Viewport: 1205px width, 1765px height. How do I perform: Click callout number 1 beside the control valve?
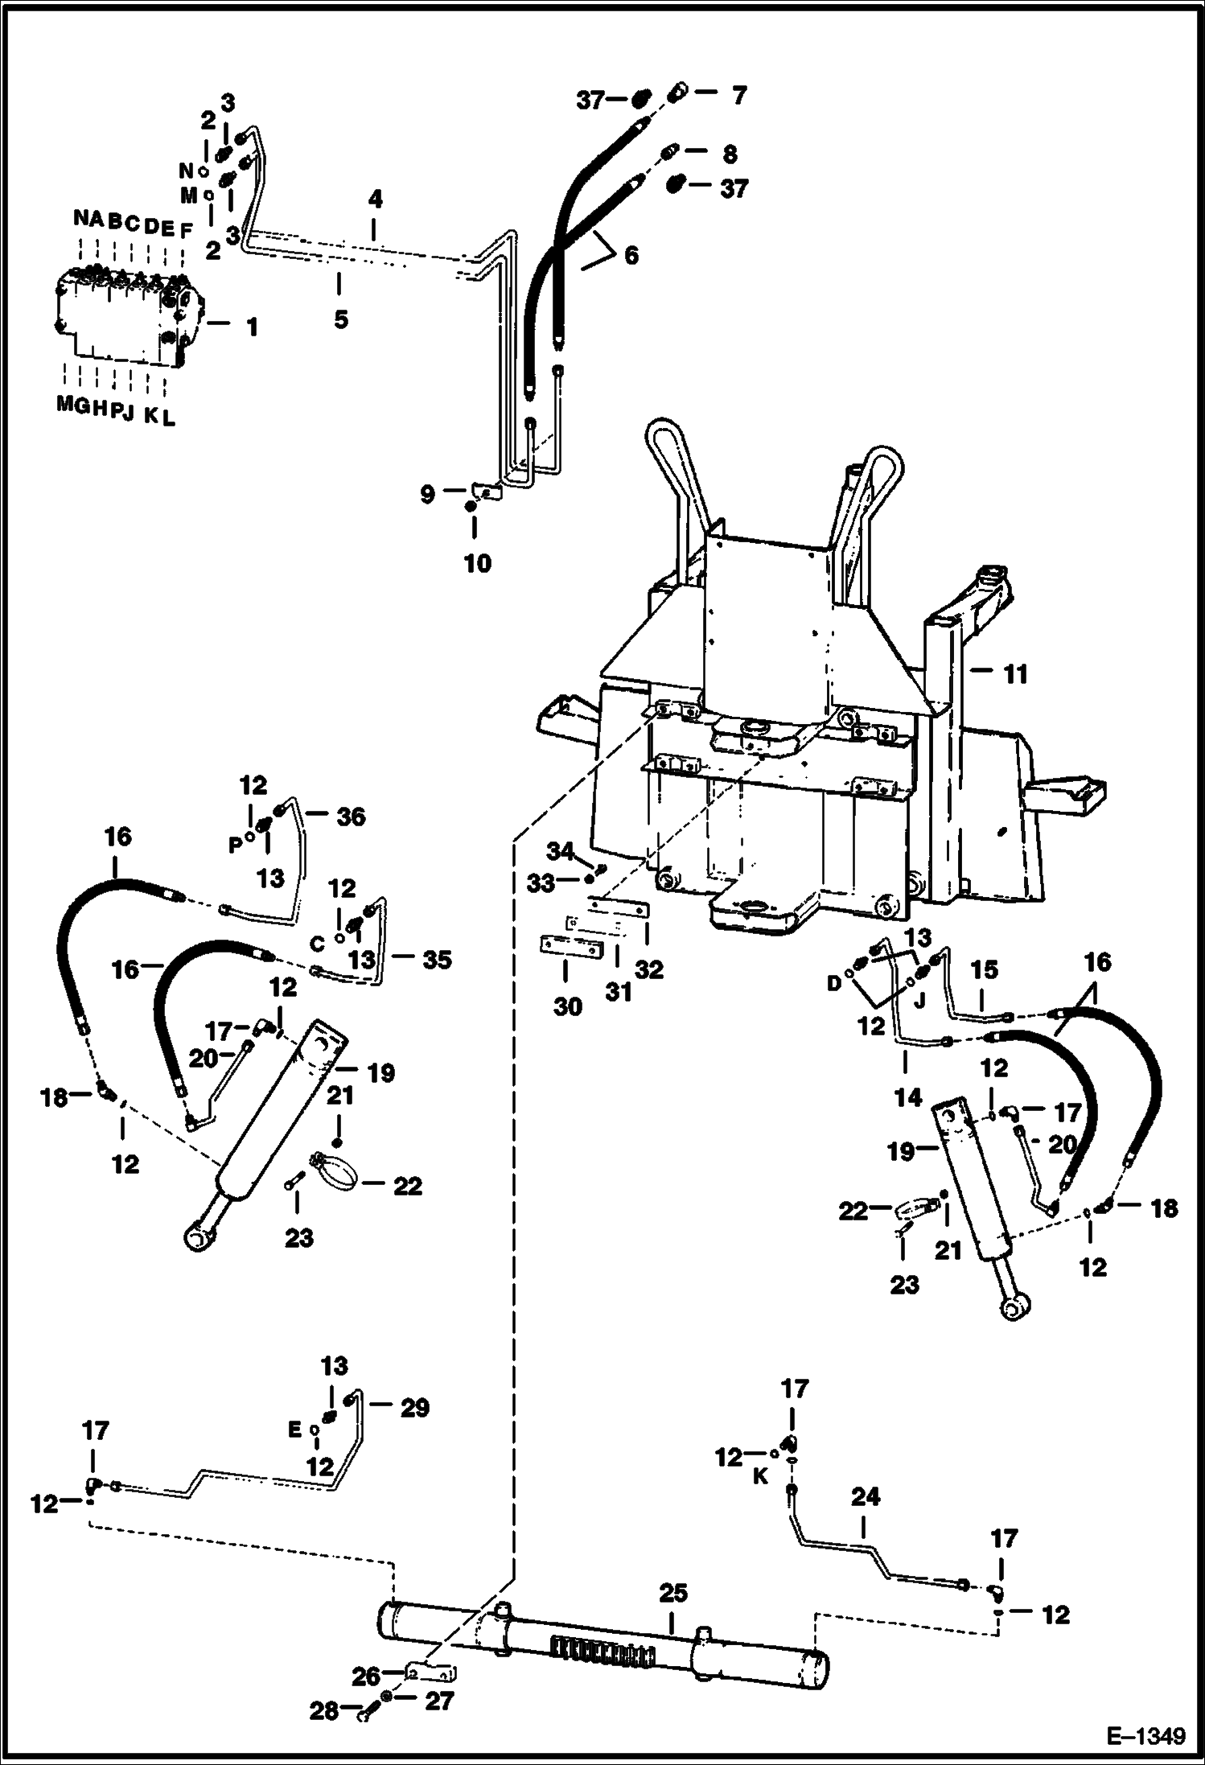(252, 327)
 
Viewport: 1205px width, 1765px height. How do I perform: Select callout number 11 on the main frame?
(1015, 673)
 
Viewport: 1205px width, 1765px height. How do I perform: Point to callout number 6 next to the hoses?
(631, 256)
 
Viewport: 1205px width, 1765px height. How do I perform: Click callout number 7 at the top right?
(738, 96)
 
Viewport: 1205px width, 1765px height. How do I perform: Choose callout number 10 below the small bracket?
(477, 562)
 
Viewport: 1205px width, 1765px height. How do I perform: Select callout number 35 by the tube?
(437, 959)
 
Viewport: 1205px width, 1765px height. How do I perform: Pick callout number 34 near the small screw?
(560, 850)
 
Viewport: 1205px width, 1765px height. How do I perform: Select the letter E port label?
(294, 1430)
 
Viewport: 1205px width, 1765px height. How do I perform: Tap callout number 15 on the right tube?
(983, 970)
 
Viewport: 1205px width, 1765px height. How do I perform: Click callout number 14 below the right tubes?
(907, 1096)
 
